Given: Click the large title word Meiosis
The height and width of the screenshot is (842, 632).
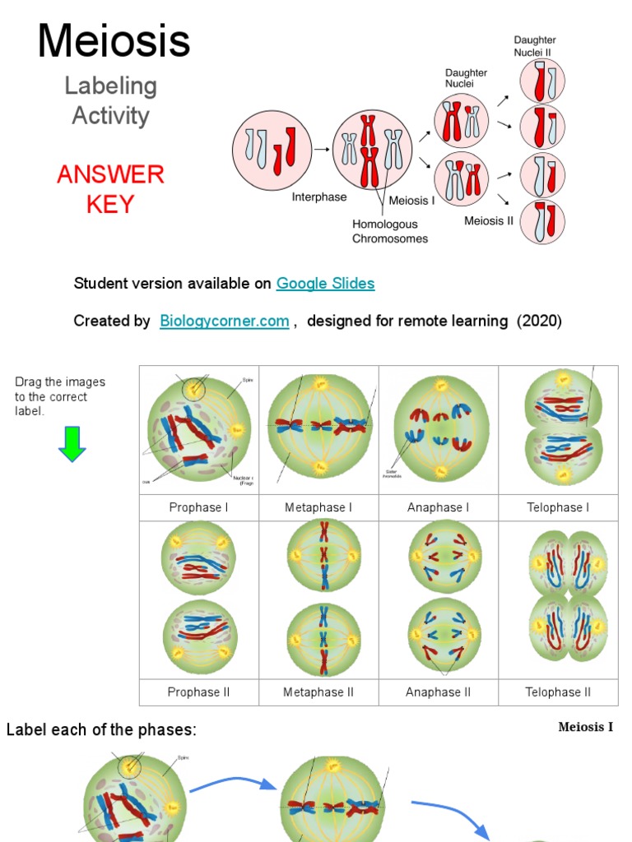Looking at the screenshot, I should click(x=114, y=41).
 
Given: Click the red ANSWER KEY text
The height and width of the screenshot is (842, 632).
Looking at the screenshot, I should click(x=110, y=189).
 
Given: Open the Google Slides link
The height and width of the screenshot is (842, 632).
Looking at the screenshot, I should click(x=325, y=284).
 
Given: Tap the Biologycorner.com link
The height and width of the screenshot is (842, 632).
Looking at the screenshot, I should click(x=224, y=322).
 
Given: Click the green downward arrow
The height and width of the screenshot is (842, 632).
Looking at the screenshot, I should click(x=72, y=443).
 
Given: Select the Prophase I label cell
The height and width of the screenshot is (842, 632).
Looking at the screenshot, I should click(x=199, y=507).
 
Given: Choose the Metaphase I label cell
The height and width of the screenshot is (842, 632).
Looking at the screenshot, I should click(x=318, y=507).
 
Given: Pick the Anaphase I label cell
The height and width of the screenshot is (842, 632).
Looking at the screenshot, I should click(x=438, y=507).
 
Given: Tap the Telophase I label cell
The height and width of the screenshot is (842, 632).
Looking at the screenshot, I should click(x=558, y=507).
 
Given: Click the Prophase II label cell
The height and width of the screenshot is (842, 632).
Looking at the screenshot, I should click(x=199, y=692).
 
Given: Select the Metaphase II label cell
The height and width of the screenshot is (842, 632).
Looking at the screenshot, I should click(x=318, y=692).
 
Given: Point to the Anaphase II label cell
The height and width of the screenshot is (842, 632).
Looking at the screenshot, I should click(x=438, y=692).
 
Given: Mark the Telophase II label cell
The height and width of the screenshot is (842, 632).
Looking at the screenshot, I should click(x=558, y=692).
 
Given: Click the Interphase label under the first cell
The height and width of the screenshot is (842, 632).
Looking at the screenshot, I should click(x=319, y=197).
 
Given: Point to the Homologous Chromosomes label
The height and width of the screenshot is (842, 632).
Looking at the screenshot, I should click(x=390, y=231).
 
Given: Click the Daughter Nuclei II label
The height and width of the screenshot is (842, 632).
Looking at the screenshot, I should click(x=535, y=46).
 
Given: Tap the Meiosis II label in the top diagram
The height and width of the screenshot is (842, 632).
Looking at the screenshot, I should click(x=495, y=220).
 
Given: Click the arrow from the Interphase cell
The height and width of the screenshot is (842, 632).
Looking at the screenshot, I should click(x=321, y=150).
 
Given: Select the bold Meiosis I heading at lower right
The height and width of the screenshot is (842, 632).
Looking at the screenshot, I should click(x=586, y=727).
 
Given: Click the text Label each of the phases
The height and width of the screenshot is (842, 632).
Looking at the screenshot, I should click(x=102, y=730).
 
